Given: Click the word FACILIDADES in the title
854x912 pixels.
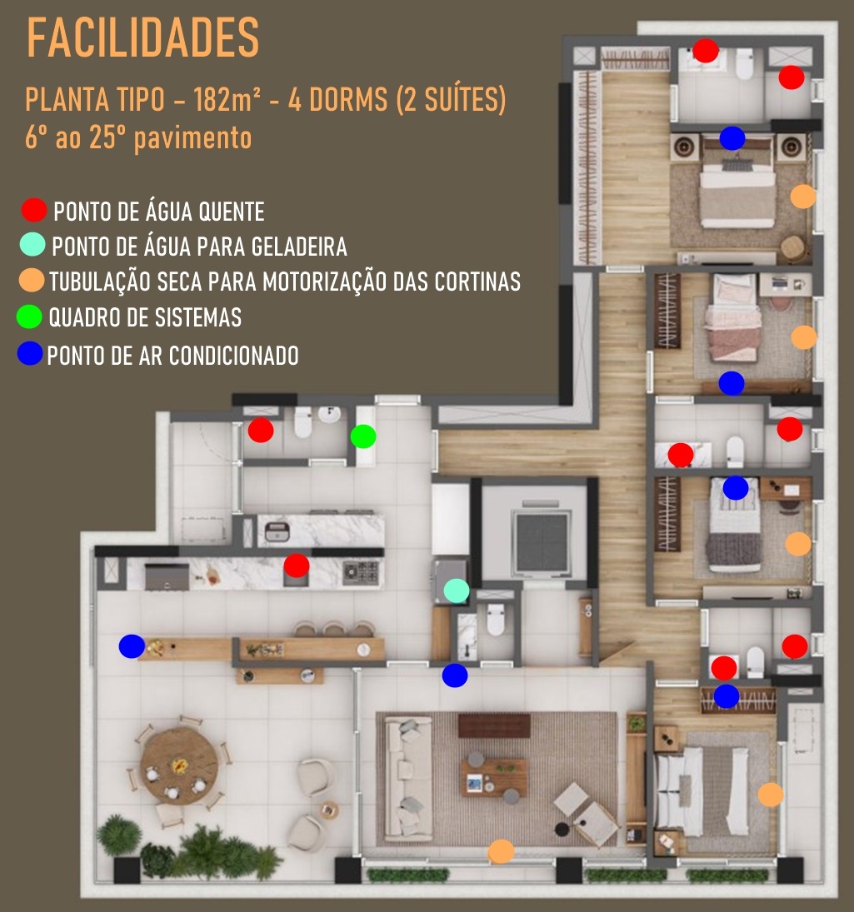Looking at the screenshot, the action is [143, 37].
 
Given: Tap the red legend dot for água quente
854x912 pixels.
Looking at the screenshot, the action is [33, 210].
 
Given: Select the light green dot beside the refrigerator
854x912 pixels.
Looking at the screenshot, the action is [457, 591].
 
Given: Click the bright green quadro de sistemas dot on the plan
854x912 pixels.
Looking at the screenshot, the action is [363, 436].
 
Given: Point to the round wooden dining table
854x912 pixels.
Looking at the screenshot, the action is [179, 765].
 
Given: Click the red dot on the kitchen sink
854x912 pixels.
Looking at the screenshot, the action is [296, 566].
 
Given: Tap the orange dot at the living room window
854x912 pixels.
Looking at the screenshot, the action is [501, 851].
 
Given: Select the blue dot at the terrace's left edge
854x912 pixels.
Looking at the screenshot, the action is [132, 646].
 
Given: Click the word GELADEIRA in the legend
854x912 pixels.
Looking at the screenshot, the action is [299, 247].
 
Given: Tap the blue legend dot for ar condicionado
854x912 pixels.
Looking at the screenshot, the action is [30, 354].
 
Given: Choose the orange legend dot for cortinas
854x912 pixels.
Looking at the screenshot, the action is [32, 280].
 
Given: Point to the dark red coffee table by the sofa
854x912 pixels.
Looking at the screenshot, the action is [494, 726].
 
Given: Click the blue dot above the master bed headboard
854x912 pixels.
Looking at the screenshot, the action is [732, 138].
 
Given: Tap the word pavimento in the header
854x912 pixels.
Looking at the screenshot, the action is [193, 138].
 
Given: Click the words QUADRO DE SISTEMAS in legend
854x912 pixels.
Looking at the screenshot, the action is [145, 317].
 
